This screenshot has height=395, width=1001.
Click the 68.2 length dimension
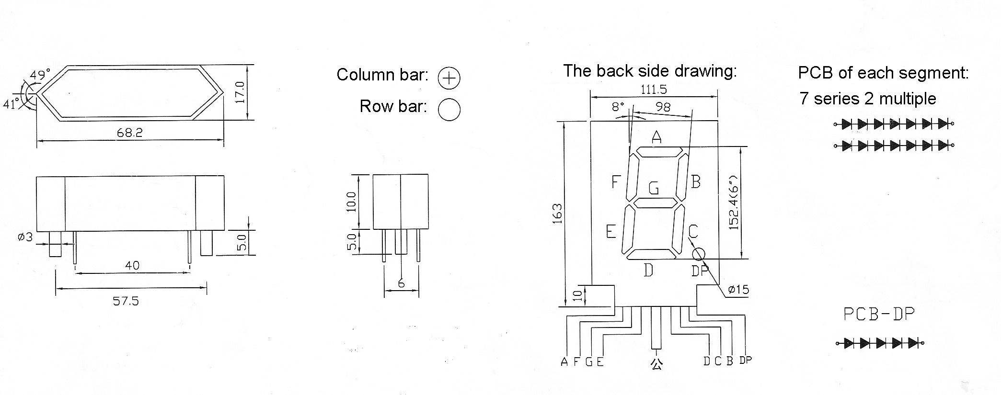click(x=129, y=132)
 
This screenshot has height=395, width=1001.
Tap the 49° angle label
click(x=40, y=75)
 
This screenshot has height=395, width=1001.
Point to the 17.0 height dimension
click(x=241, y=92)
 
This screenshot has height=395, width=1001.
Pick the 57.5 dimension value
click(x=126, y=301)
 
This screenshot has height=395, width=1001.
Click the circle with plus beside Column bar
click(x=449, y=78)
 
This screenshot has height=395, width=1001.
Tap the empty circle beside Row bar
click(x=449, y=109)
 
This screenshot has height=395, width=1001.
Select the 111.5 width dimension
click(x=654, y=90)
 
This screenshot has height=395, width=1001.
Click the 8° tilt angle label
click(x=618, y=107)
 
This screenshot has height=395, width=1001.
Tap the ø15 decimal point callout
click(x=738, y=289)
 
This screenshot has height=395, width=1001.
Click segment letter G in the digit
click(x=654, y=188)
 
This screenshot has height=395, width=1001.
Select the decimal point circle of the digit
click(x=699, y=253)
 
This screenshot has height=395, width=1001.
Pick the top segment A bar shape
click(x=659, y=152)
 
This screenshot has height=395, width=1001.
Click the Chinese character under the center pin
click(x=656, y=363)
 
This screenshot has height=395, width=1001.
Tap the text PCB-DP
click(x=879, y=314)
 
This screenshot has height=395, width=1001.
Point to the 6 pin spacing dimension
click(x=402, y=283)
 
